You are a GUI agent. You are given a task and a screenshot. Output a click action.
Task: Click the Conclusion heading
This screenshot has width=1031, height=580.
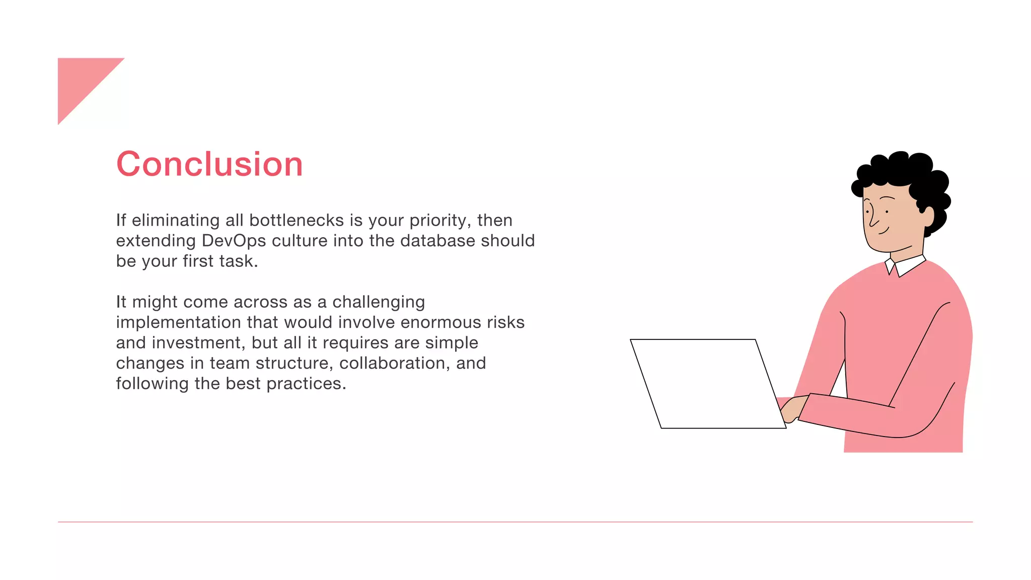pos(209,164)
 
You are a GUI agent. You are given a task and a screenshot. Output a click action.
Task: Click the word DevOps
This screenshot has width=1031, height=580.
pos(234,241)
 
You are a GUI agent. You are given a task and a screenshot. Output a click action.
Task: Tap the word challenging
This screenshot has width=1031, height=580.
pos(379,302)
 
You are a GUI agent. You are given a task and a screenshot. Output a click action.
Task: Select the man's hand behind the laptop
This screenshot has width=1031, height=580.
pos(793,409)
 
